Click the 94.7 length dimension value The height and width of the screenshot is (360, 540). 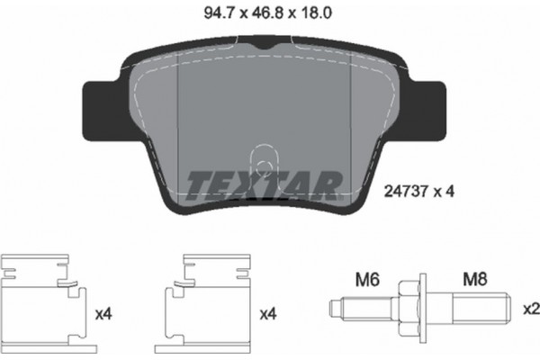point(206,13)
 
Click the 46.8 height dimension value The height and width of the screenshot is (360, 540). point(258,13)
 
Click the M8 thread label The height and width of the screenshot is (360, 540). point(473,281)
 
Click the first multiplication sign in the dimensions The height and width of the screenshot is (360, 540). point(232,13)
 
